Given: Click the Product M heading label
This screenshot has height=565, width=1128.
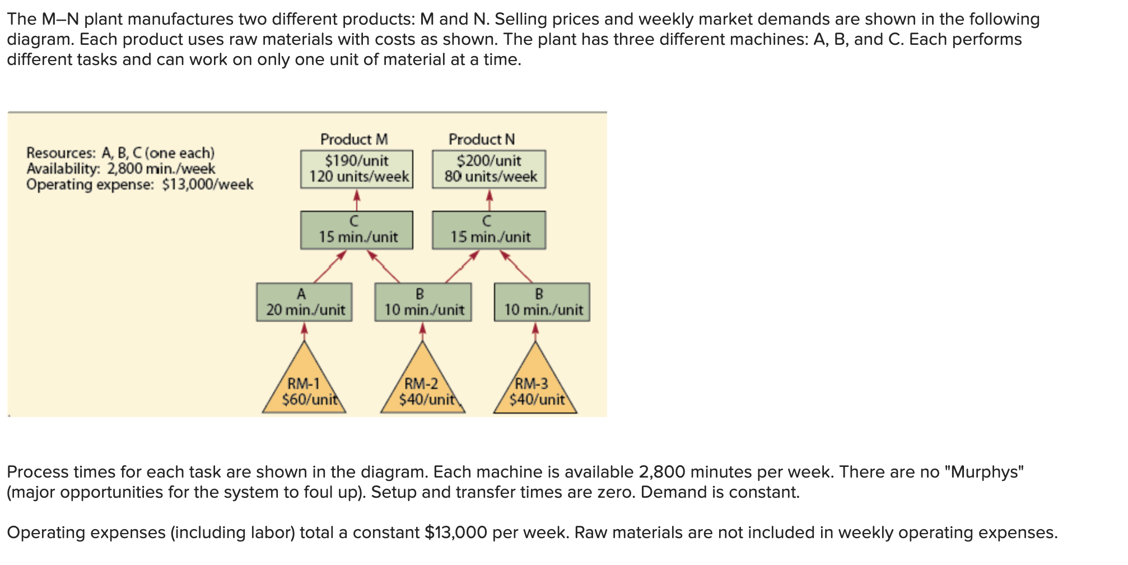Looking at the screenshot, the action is [354, 139].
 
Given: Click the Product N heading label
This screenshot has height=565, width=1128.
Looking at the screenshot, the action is [482, 139].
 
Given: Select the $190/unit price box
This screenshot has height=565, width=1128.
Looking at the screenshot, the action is [357, 169].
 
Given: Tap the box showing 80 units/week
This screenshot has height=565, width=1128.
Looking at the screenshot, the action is [489, 169].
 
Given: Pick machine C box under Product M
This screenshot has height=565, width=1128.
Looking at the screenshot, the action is [357, 230].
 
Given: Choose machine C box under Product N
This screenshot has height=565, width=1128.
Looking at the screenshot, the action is [489, 230].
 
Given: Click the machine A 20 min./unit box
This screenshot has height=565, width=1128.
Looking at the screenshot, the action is [305, 302].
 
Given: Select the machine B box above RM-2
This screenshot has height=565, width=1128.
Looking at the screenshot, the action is [423, 302].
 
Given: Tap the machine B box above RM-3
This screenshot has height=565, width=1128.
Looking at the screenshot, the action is [542, 302].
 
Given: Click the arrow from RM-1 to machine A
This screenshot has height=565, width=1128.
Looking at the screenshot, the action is [304, 331].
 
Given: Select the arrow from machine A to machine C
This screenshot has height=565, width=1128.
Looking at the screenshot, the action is [330, 266].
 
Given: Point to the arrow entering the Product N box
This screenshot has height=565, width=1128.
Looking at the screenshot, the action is [490, 200].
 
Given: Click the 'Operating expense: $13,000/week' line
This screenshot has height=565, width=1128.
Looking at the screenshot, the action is [140, 184].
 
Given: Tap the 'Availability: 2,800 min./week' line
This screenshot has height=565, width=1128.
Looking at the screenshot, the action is [121, 169].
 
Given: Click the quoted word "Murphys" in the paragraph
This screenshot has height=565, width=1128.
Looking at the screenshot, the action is [984, 472].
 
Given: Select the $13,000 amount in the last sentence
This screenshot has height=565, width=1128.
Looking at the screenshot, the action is [456, 532].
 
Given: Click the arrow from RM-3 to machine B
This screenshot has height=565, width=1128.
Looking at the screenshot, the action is [535, 331].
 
